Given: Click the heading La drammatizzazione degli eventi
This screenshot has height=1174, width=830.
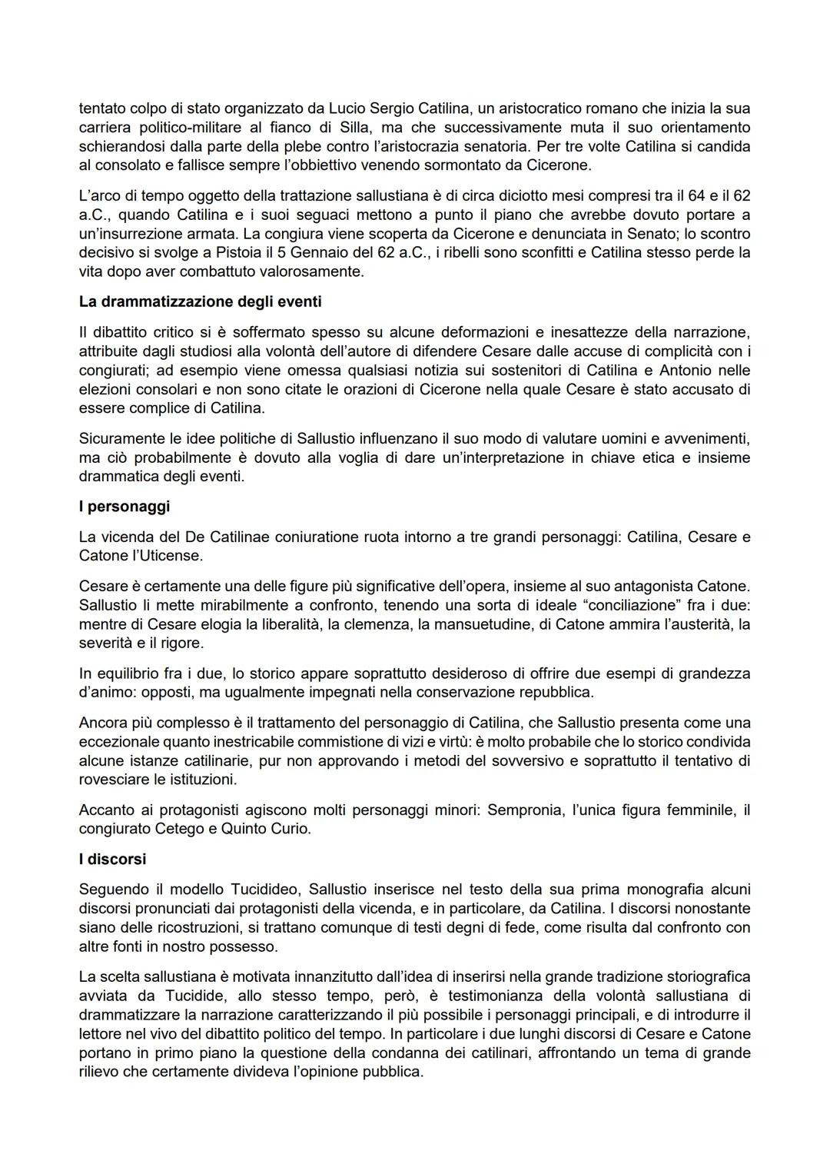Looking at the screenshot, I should click(x=200, y=301).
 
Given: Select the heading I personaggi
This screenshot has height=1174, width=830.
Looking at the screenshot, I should click(x=124, y=506).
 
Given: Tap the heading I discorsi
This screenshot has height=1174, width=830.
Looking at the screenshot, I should click(x=112, y=859).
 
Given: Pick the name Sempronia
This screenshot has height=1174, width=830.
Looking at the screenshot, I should click(x=525, y=810).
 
